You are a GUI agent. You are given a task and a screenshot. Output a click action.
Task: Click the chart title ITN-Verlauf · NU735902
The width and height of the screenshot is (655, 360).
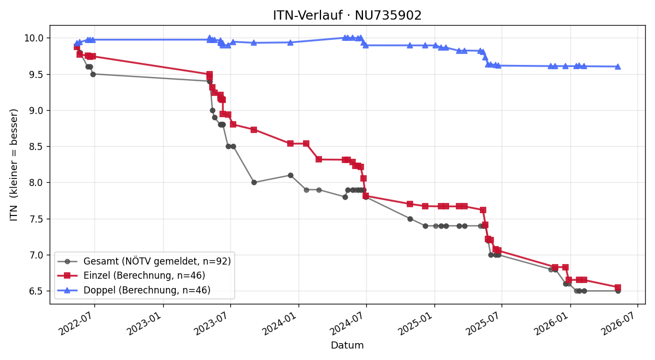click(x=347, y=15)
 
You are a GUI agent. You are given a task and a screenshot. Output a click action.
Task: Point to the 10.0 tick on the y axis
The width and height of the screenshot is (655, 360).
click(x=34, y=38)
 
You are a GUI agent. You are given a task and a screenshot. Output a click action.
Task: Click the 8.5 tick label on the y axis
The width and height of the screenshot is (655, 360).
click(x=36, y=147)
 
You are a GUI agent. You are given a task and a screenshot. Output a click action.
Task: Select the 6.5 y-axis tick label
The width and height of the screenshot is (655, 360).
click(x=36, y=291)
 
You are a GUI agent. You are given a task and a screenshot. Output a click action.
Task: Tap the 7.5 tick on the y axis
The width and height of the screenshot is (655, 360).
click(x=36, y=219)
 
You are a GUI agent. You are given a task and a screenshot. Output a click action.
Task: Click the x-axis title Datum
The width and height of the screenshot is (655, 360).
click(x=347, y=345)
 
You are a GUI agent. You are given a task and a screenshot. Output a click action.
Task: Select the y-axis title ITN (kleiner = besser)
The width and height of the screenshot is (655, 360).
click(x=14, y=165)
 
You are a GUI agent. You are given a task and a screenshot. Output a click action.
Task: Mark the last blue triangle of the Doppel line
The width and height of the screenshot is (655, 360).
click(x=618, y=67)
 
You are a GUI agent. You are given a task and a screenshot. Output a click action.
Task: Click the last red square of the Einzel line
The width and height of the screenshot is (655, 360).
click(x=618, y=287)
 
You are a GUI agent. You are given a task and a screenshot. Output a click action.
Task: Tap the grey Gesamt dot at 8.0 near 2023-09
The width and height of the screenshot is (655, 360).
click(x=254, y=183)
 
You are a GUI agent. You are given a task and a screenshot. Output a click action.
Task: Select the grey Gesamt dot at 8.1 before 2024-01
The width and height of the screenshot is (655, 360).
click(x=290, y=175)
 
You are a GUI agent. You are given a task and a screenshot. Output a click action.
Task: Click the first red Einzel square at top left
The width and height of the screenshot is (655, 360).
click(x=77, y=47)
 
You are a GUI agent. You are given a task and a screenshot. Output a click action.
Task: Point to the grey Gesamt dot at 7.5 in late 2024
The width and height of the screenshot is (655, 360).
click(x=410, y=219)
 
